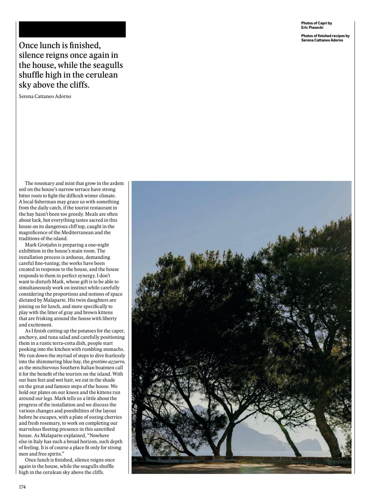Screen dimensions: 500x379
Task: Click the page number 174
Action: [22, 487]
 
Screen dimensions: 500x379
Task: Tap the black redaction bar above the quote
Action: [72, 29]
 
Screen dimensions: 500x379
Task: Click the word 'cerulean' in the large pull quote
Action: [102, 75]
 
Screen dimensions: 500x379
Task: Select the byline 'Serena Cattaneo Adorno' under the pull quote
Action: [45, 97]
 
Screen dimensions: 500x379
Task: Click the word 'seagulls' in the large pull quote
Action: [104, 65]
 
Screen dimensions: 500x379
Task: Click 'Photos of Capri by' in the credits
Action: [316, 23]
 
